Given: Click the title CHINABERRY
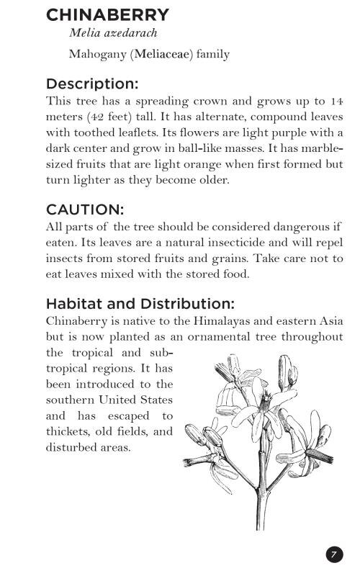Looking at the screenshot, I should point(107,15).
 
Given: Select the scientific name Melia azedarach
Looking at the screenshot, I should point(113,33).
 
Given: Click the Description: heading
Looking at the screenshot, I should point(92,84).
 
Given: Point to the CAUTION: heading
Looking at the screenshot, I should point(85,210).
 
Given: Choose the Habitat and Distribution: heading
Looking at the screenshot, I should point(140,304).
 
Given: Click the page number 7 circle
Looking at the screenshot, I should point(334,554).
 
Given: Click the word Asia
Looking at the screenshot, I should point(330,321).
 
